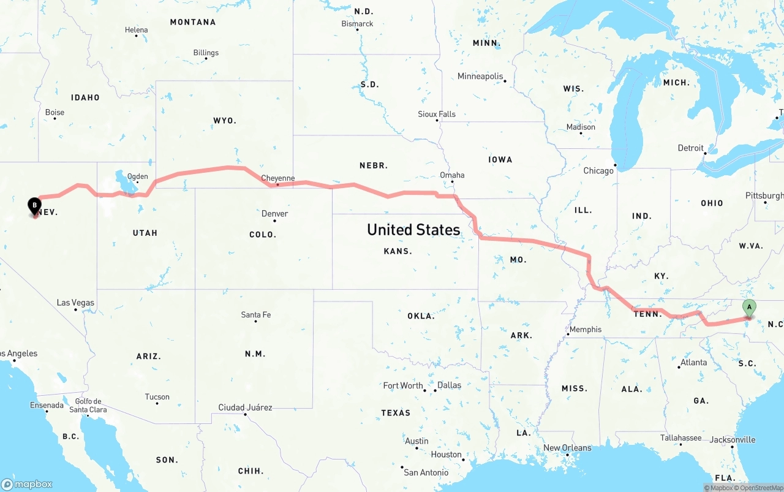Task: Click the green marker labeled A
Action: (748, 308)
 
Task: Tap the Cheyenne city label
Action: (278, 178)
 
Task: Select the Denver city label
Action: (274, 214)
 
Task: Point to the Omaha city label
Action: (452, 175)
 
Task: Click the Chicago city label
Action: (598, 171)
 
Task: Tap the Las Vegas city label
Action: (75, 303)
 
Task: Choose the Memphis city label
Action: (586, 330)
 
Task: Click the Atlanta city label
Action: (693, 362)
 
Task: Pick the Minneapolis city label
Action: (480, 77)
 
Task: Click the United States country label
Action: (413, 230)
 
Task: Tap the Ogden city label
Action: (137, 176)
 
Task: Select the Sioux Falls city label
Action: (437, 114)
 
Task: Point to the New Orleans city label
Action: (567, 448)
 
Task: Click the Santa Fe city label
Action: (256, 315)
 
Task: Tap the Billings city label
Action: (206, 53)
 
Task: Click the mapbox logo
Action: (27, 484)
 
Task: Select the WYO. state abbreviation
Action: (225, 121)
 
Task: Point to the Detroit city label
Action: (690, 148)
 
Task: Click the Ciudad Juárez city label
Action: (245, 407)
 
